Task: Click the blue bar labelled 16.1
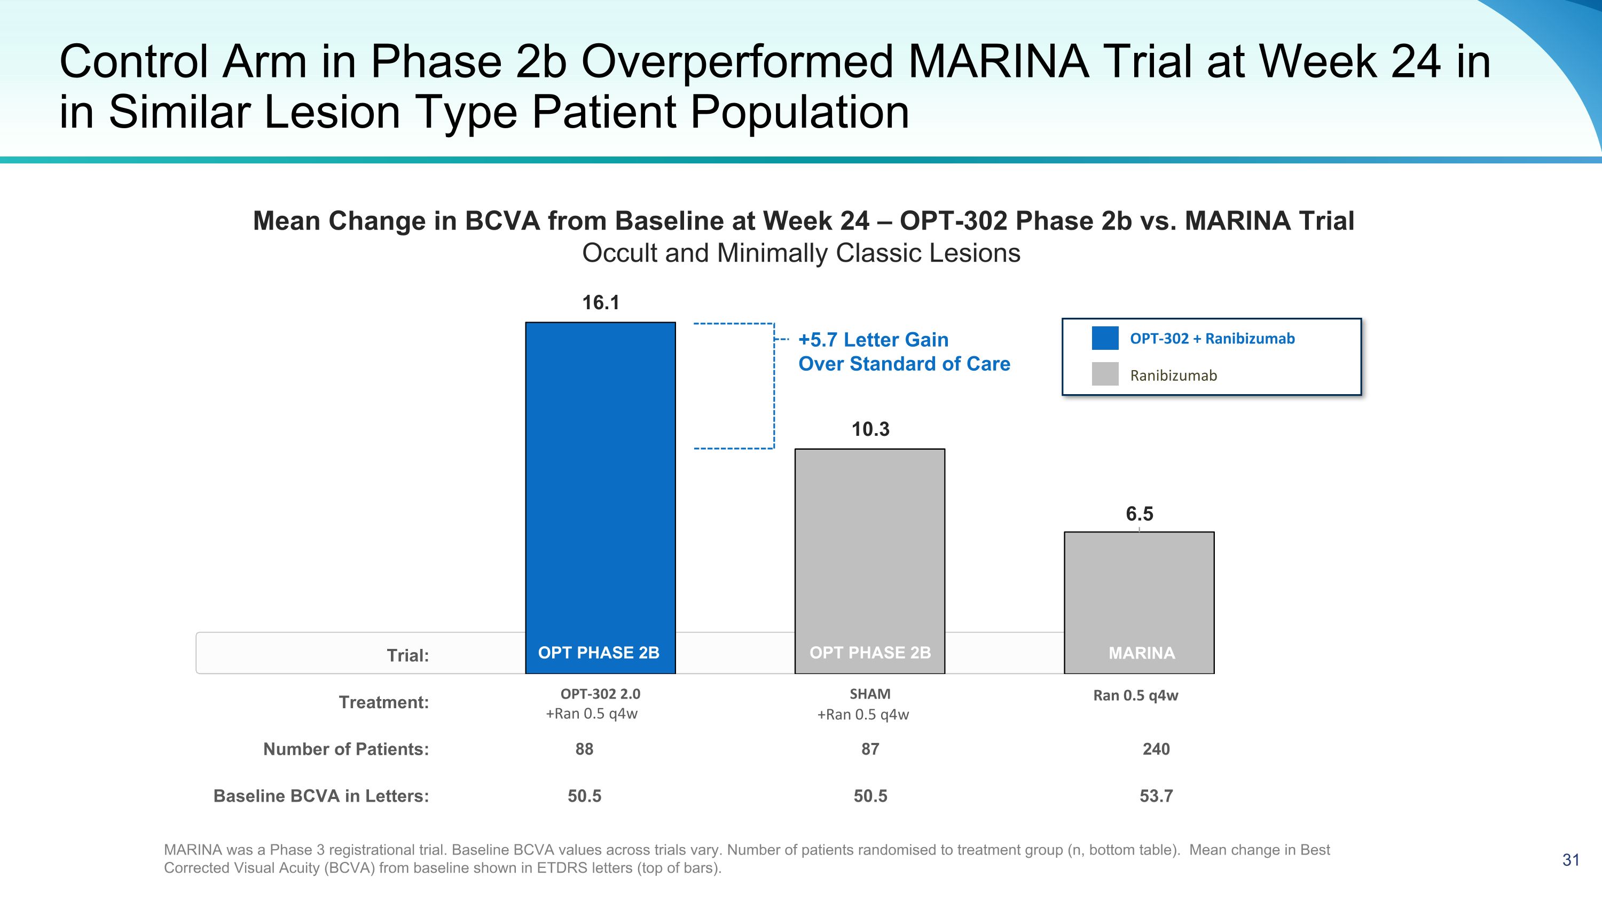[600, 485]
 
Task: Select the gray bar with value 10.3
[869, 547]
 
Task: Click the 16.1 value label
[600, 303]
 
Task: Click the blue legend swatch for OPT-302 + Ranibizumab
[1105, 338]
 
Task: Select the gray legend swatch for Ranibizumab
[1105, 374]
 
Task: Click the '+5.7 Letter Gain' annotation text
[873, 340]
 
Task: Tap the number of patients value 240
[1156, 749]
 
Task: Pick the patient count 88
[584, 749]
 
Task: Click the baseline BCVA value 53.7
[1156, 796]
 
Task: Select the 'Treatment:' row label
[384, 703]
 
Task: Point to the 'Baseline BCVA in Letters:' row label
[321, 796]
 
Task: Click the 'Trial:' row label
[408, 655]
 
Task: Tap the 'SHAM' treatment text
[870, 694]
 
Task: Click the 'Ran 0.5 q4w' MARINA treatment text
[1136, 695]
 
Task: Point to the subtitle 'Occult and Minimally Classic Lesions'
[801, 253]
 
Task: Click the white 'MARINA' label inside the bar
[1142, 653]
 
